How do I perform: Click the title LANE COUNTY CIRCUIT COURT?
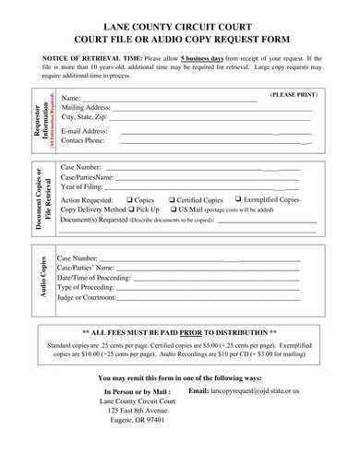(x=180, y=28)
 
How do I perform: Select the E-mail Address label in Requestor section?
(x=84, y=131)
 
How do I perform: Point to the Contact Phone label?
(x=83, y=141)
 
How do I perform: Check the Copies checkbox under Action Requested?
(x=129, y=199)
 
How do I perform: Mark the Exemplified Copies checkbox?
(x=239, y=198)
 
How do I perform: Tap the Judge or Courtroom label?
(x=87, y=297)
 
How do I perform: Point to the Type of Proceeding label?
(x=86, y=287)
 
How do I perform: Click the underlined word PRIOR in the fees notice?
(x=190, y=331)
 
